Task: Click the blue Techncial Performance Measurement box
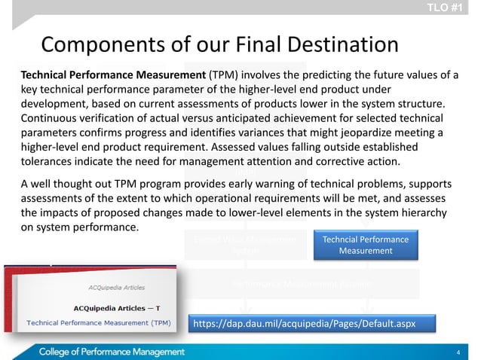point(365,246)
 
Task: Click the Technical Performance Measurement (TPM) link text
point(99,322)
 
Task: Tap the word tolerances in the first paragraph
point(47,163)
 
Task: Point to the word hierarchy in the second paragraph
point(427,213)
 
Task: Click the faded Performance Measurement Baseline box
point(301,283)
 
